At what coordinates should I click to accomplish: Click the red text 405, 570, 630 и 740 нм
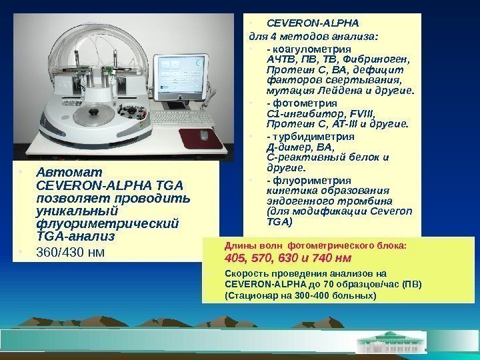[289, 257]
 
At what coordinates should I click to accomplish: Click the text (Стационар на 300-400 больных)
[301, 295]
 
